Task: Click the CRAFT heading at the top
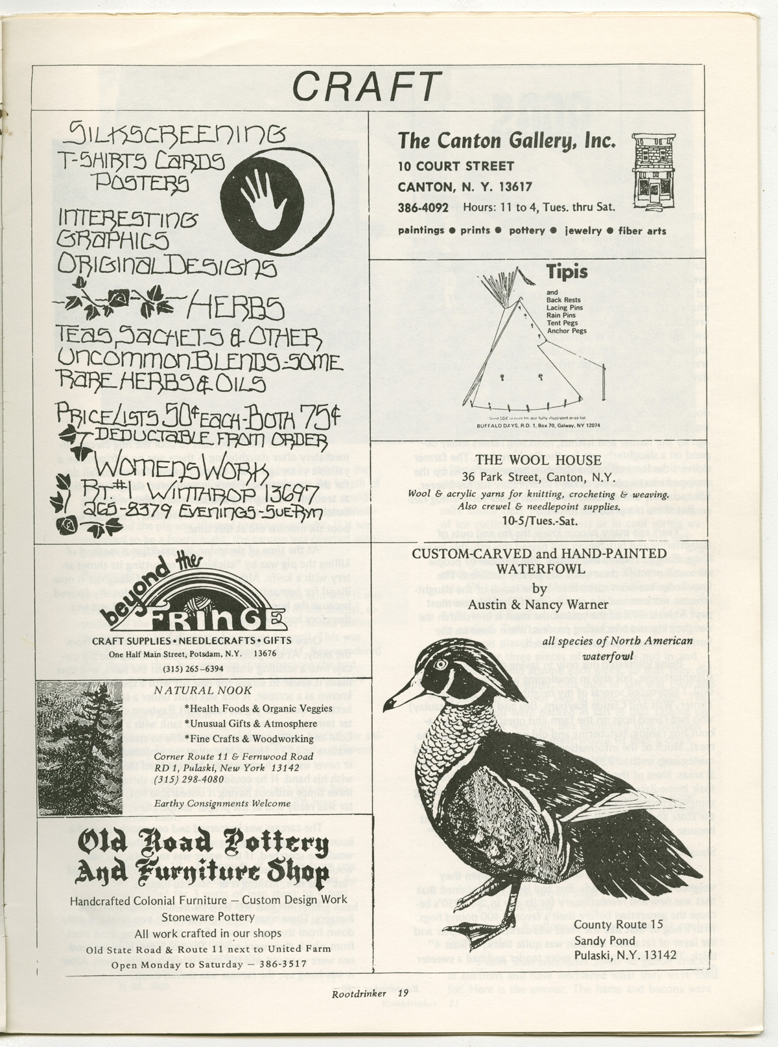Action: point(367,86)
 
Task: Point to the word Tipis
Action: point(567,271)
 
